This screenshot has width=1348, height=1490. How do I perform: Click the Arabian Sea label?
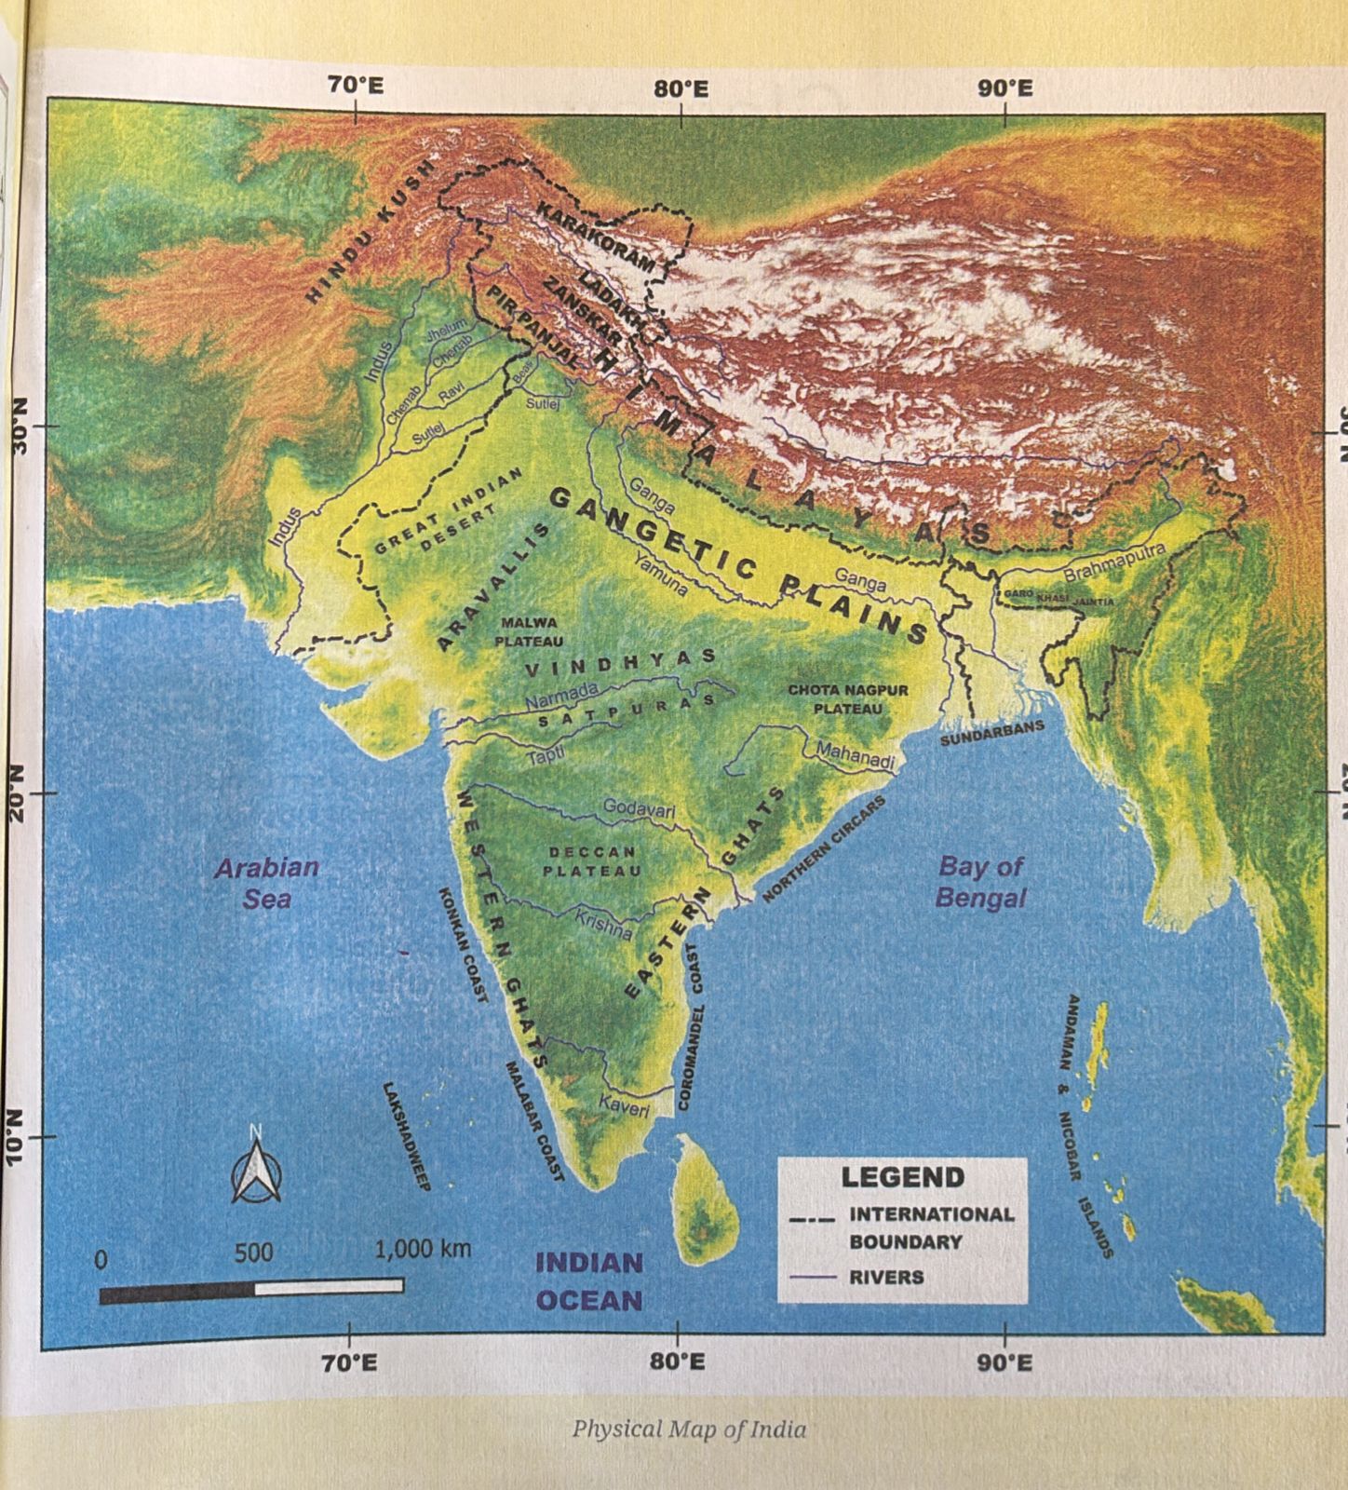click(266, 882)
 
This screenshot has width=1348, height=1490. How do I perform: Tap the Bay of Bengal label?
click(980, 882)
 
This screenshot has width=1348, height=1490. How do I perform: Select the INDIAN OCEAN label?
click(588, 1280)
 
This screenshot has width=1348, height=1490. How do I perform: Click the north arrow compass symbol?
click(255, 1167)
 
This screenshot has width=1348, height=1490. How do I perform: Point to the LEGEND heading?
click(902, 1177)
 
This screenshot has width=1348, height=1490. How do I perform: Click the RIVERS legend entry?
click(885, 1277)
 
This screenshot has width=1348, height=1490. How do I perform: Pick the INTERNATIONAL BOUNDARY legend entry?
click(930, 1227)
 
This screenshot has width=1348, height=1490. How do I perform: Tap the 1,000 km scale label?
click(423, 1249)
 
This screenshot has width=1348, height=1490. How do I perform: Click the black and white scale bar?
click(251, 1290)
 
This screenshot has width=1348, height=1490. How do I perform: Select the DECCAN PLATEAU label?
click(592, 861)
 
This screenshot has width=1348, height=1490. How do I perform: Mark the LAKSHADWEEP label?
click(406, 1136)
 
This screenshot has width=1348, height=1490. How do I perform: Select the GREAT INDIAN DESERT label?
click(449, 527)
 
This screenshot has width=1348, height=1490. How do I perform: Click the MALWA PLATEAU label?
click(529, 631)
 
